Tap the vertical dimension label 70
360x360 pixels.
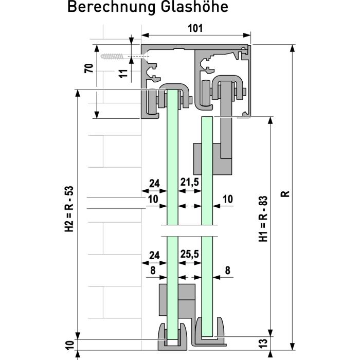89,68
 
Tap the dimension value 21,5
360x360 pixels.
189,182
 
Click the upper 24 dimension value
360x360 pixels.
154,182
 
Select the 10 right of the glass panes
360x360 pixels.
228,199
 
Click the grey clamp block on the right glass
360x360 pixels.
211,158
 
